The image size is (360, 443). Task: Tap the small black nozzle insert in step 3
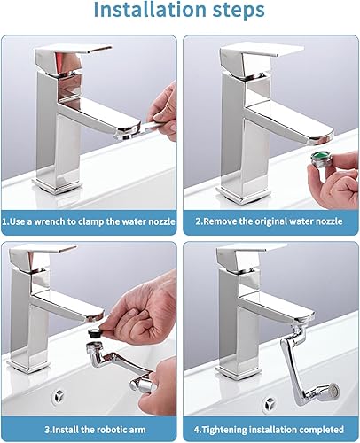pyautogui.click(x=95, y=333)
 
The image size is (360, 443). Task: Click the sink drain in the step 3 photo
pyautogui.click(x=59, y=396)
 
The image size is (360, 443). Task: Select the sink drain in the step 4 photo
pyautogui.click(x=270, y=403)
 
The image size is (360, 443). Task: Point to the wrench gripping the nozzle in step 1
pyautogui.click(x=141, y=130)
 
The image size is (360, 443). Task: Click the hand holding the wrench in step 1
pyautogui.click(x=163, y=113)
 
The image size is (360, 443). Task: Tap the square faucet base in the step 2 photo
pyautogui.click(x=243, y=195)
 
